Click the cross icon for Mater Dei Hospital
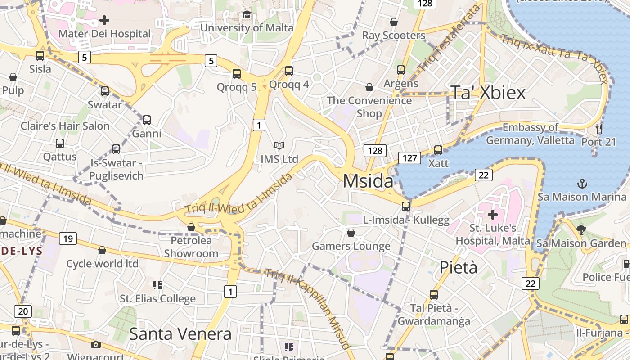[104, 20]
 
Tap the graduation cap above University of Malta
[247, 15]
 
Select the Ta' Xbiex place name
[488, 93]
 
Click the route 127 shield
[409, 158]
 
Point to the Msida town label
[368, 181]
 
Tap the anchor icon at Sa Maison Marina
[582, 184]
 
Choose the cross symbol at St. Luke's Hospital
[493, 215]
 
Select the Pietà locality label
[458, 267]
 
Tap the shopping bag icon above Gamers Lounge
[351, 233]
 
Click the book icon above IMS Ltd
[279, 145]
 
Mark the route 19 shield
[67, 238]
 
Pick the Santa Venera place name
[180, 334]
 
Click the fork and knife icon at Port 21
[598, 129]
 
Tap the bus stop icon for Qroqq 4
[289, 71]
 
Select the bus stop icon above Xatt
[438, 150]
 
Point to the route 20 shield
[23, 311]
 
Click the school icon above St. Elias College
[157, 285]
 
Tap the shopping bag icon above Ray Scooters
[394, 22]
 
